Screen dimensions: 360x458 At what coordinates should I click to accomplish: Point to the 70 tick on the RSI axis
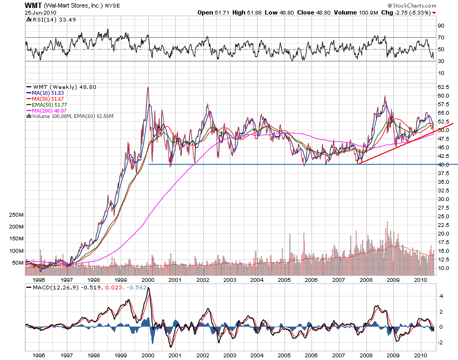tap(440, 37)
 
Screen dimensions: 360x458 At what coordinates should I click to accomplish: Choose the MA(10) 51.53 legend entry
tap(51, 93)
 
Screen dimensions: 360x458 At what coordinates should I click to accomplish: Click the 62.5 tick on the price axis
tap(443, 87)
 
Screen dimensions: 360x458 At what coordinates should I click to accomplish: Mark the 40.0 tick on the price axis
tap(443, 164)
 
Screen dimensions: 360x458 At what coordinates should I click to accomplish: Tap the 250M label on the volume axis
tap(16, 214)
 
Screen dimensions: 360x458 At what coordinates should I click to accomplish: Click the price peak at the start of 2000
tap(148, 87)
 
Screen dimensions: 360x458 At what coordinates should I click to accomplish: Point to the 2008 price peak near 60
tap(385, 96)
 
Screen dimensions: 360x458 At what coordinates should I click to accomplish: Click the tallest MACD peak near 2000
tap(149, 288)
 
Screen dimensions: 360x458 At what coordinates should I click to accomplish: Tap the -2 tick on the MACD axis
tap(441, 342)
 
